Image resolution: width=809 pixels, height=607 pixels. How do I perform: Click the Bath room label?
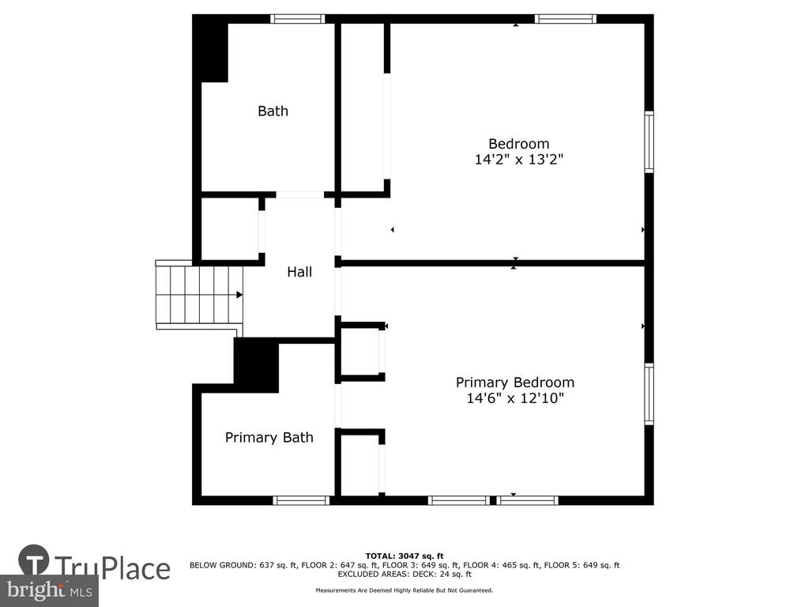pos(273,111)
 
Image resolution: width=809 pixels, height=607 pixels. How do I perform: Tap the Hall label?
pos(299,272)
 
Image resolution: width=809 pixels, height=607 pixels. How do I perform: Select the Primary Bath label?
pos(269,438)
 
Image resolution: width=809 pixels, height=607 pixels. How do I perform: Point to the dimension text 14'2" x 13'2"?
pos(518,160)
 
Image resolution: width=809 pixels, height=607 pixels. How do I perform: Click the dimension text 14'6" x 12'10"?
pos(515,398)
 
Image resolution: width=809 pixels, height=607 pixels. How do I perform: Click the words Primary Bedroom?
pos(515,383)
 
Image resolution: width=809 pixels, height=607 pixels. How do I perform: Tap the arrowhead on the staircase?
pos(239,295)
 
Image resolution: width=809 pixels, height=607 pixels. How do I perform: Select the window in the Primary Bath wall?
pos(301,500)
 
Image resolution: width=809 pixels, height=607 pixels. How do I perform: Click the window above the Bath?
pos(298,19)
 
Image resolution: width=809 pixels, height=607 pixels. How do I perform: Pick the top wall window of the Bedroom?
pos(566,19)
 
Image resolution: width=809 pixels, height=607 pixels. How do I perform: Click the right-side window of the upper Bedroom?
pos(649,142)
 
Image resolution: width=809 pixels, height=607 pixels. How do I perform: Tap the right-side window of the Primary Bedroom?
pos(649,394)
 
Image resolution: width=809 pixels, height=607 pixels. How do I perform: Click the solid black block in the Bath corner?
pos(210,48)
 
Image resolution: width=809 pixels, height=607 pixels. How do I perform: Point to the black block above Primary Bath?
pos(257,364)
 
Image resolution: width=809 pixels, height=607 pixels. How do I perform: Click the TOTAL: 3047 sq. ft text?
pos(404,556)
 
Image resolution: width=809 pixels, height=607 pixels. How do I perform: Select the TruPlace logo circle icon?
pos(34,560)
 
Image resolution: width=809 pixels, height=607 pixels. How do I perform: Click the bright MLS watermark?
pos(49,590)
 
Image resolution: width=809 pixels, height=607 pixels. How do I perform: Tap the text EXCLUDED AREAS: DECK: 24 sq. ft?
pos(404,574)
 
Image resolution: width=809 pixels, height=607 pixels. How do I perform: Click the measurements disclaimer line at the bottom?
pos(404,590)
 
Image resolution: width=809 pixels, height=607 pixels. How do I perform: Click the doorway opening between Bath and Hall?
pos(300,194)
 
